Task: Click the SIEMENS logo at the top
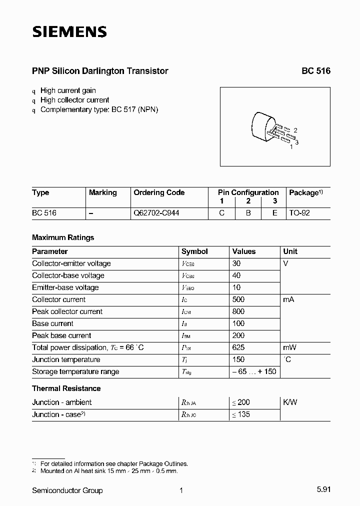click(x=69, y=32)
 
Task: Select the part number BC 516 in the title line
click(x=315, y=71)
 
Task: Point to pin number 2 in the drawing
click(x=295, y=130)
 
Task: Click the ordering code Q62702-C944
click(x=156, y=213)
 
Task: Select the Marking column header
click(x=102, y=192)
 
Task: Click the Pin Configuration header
click(x=248, y=192)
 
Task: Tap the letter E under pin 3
click(x=274, y=213)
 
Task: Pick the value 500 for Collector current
click(x=239, y=299)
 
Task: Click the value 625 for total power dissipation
click(x=239, y=347)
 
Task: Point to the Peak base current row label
click(x=61, y=335)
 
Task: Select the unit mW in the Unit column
click(x=289, y=347)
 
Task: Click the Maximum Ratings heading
click(x=63, y=237)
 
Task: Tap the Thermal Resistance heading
click(x=66, y=388)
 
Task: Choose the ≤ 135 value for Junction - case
click(x=241, y=414)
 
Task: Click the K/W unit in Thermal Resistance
click(x=290, y=402)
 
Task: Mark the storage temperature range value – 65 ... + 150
click(x=254, y=371)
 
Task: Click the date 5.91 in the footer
click(x=323, y=490)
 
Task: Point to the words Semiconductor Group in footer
click(x=67, y=490)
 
